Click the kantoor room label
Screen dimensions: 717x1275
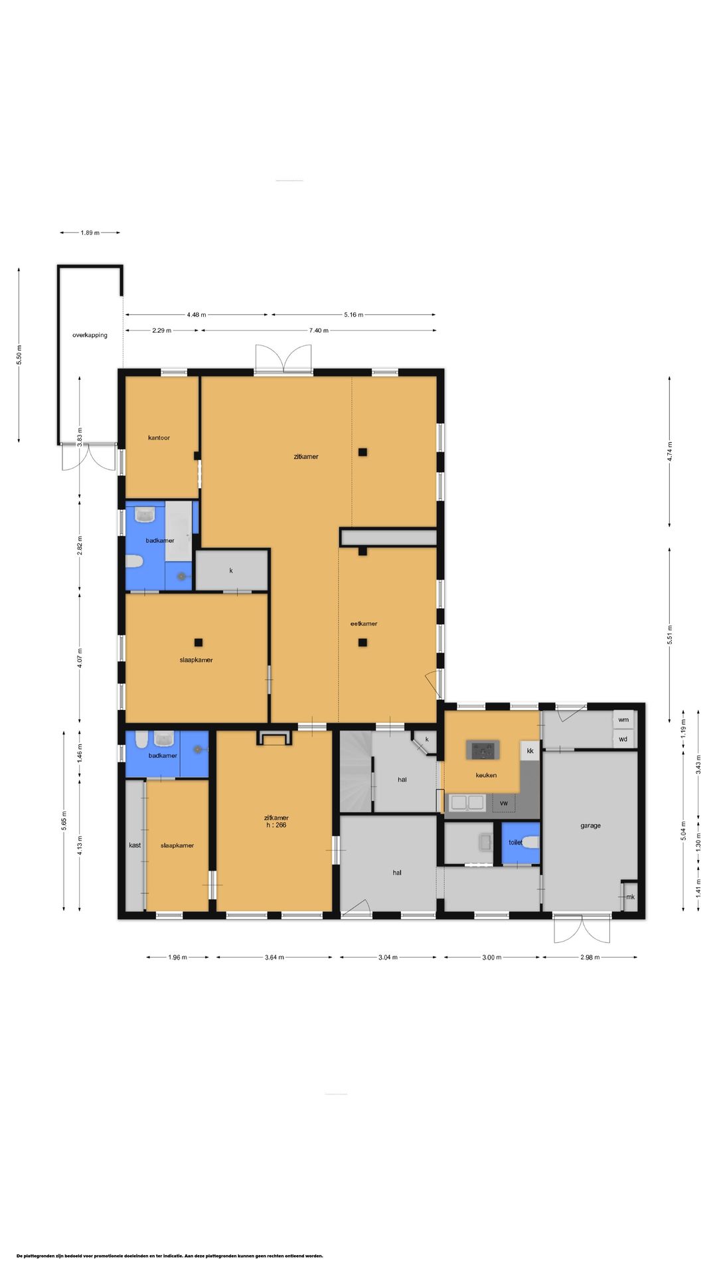coord(159,438)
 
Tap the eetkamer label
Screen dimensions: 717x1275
coord(364,624)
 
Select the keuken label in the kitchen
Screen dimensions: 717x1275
coord(486,775)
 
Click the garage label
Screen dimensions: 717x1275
coord(590,825)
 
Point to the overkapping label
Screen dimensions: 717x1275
coord(90,335)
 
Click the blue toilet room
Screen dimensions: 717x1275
coord(520,843)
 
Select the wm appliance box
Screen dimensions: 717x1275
coord(623,720)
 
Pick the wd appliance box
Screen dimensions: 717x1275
coord(623,739)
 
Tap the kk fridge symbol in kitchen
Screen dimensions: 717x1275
coord(530,751)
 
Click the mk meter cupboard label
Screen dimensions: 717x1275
coord(630,897)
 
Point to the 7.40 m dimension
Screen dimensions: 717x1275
coord(319,330)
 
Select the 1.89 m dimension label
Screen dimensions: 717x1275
coord(90,232)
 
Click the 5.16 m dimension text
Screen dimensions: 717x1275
coord(354,315)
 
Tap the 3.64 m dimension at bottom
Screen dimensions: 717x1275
coord(274,957)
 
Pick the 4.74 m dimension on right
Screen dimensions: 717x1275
coord(669,452)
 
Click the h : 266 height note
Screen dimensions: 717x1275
coord(276,825)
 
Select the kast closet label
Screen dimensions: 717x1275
coord(135,845)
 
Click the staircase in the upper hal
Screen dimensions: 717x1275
coord(356,771)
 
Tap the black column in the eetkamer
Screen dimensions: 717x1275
coord(362,642)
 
